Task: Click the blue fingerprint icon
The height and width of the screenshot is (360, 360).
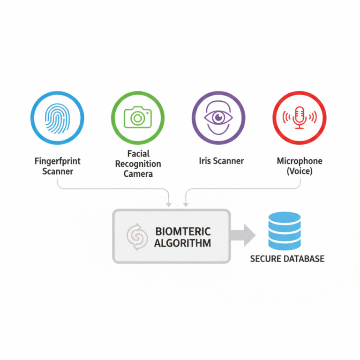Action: (x=57, y=117)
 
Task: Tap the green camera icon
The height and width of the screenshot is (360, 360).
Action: (x=138, y=117)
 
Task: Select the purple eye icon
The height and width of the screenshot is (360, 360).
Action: (x=218, y=117)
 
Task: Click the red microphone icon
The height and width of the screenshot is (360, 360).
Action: (x=299, y=117)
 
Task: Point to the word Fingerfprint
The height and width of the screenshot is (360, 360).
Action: (x=58, y=161)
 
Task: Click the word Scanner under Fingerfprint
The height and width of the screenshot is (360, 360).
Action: (x=58, y=172)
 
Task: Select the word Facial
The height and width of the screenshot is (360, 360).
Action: (x=138, y=154)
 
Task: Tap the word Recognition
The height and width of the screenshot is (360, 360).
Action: (x=138, y=164)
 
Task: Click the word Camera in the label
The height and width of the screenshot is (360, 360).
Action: (x=138, y=174)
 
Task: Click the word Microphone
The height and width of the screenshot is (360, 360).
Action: (x=300, y=161)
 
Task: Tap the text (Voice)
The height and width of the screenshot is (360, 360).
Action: (x=300, y=172)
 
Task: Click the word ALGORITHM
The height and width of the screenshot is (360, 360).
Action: (x=182, y=243)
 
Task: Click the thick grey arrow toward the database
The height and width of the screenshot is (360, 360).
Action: (x=244, y=235)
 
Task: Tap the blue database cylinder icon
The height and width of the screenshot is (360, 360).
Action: (x=285, y=231)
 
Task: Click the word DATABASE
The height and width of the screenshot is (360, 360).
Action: (x=305, y=259)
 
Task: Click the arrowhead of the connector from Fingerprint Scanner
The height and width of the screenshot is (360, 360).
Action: (x=169, y=203)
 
